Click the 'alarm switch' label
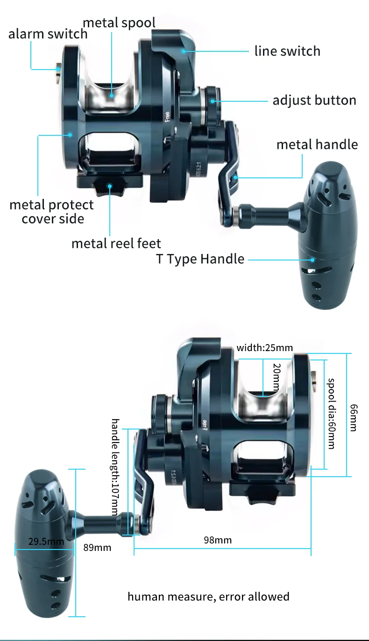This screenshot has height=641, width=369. tap(48, 34)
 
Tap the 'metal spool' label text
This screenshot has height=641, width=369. tap(119, 23)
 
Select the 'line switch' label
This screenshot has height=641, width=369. tap(287, 51)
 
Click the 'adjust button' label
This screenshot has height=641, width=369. tap(314, 100)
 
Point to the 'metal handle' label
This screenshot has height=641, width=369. tap(317, 145)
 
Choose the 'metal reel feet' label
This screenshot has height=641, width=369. tap(116, 244)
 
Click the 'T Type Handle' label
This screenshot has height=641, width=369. tap(200, 259)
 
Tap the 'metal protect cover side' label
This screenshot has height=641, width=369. tap(51, 212)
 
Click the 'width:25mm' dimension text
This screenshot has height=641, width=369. tap(265, 348)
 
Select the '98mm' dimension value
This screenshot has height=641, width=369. tap(218, 540)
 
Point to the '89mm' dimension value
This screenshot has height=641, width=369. tap(97, 548)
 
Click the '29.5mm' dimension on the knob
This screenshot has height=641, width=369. tap(46, 542)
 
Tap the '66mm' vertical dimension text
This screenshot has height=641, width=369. tap(354, 418)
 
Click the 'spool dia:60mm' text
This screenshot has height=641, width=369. tap(331, 414)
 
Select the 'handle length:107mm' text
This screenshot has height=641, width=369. tap(115, 467)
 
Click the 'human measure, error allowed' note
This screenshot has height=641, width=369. tap(208, 597)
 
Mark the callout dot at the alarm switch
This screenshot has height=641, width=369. tap(58, 69)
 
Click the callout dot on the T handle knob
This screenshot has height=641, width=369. tap(312, 260)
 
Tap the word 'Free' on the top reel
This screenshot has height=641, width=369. tap(168, 116)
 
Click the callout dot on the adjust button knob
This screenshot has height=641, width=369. tap(213, 101)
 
